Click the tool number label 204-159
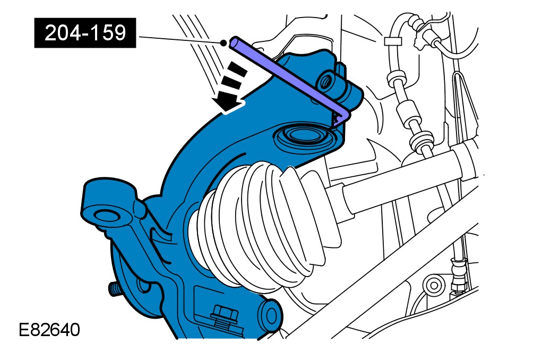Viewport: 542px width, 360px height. point(85,33)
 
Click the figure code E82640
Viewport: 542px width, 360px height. point(49,330)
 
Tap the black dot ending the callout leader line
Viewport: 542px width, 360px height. point(223,43)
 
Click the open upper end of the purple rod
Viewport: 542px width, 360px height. point(235,42)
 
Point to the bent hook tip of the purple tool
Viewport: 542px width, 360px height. point(340,117)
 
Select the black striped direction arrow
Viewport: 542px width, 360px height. point(229,87)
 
